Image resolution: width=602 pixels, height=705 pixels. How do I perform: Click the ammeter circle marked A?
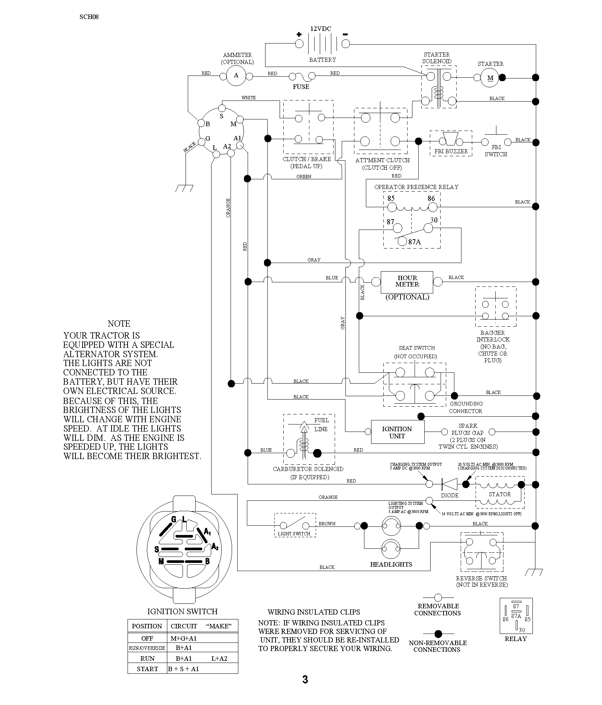click(x=236, y=76)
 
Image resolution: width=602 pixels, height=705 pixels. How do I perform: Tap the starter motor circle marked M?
click(x=490, y=78)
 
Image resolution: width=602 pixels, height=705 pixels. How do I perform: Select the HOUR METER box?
click(x=407, y=282)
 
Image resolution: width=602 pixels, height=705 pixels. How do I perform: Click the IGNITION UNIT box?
click(x=397, y=432)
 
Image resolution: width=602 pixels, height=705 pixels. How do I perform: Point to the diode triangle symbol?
click(x=449, y=484)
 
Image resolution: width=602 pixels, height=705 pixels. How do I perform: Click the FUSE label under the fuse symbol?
click(x=301, y=87)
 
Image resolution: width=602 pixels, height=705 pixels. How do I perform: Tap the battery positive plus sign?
click(x=299, y=34)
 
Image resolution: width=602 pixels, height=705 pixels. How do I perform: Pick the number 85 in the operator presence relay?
click(x=391, y=199)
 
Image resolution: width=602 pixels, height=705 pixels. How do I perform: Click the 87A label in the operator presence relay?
click(x=415, y=242)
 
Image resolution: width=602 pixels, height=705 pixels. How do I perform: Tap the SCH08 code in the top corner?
click(x=89, y=17)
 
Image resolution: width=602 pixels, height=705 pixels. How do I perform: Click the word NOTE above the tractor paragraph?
click(x=119, y=324)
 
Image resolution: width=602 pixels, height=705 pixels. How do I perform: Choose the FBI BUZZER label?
click(x=451, y=151)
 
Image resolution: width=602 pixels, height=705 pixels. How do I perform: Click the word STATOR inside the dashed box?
click(x=500, y=494)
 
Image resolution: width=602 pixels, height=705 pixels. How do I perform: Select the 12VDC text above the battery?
click(x=321, y=29)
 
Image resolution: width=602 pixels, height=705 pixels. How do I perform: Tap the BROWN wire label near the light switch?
click(x=327, y=523)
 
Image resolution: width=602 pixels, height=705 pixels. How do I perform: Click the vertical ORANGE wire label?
click(x=228, y=208)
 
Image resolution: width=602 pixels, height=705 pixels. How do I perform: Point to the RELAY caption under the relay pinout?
click(x=516, y=639)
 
